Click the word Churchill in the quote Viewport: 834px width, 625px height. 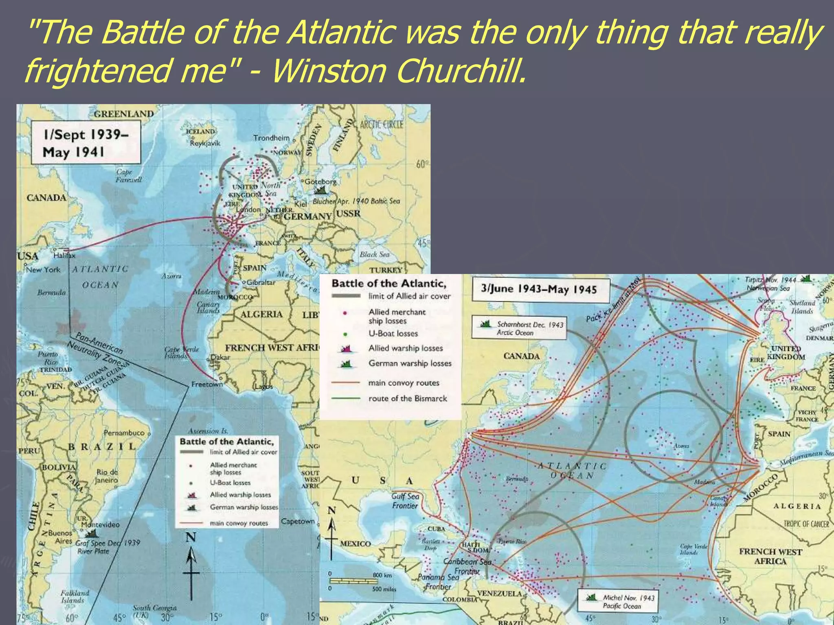[460, 71]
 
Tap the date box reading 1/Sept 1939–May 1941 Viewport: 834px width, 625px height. [86, 143]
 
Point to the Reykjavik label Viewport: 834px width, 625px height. [205, 143]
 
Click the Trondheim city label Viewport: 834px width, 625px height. [271, 138]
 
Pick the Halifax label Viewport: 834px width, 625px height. [64, 256]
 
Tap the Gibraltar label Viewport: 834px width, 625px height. [261, 282]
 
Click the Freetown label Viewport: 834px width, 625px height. [207, 384]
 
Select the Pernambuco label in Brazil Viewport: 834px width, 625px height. [124, 433]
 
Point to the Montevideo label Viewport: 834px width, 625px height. [100, 524]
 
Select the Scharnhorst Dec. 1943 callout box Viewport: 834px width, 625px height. [519, 328]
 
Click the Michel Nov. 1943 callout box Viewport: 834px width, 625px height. [617, 601]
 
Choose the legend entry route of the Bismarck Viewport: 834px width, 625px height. [407, 399]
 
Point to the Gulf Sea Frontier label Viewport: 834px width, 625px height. [405, 501]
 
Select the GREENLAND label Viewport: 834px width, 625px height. [124, 114]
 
